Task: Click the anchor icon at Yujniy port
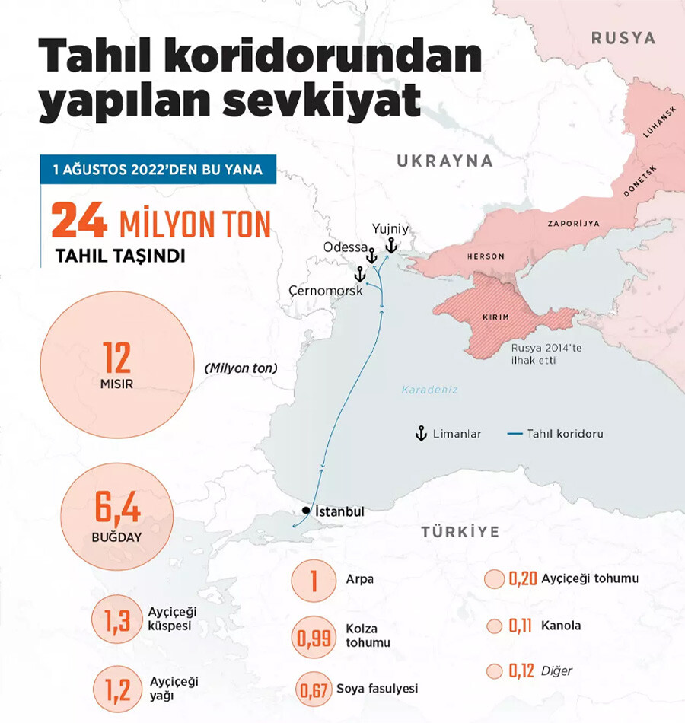[x=390, y=245]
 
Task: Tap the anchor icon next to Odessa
[x=371, y=256]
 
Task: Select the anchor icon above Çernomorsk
[x=358, y=273]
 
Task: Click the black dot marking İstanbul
[x=305, y=511]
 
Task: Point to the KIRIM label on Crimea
[x=495, y=317]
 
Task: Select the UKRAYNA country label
[x=444, y=161]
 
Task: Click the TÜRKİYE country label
[x=460, y=532]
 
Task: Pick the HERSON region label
[x=486, y=256]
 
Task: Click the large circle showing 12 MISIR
[x=116, y=365]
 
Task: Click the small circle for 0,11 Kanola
[x=495, y=626]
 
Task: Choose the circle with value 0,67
[x=314, y=690]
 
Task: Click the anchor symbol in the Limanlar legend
[x=419, y=434]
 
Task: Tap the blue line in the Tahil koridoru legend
[x=514, y=434]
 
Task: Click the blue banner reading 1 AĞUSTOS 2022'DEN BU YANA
[x=158, y=169]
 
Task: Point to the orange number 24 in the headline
[x=79, y=221]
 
